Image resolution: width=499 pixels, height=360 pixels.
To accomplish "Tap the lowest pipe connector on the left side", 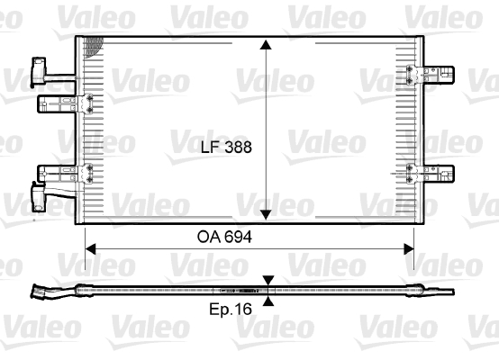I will point(41,193).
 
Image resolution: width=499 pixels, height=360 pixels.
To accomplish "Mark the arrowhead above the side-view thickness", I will point(268,281).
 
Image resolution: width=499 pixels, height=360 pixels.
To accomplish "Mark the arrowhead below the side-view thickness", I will point(268,301).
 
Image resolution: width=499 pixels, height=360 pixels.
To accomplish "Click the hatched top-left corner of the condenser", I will point(89,47).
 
